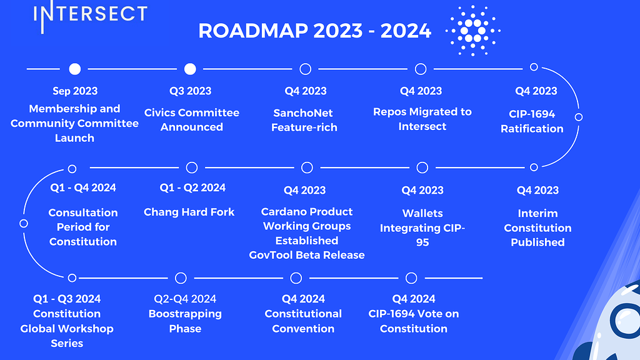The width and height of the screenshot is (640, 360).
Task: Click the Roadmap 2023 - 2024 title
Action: click(x=314, y=30)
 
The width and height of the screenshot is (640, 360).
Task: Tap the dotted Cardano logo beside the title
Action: click(x=473, y=30)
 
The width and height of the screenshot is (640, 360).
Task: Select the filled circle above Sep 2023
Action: click(x=75, y=68)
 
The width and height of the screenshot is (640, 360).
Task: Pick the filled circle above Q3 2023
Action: click(x=191, y=68)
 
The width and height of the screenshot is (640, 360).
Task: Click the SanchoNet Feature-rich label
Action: click(x=304, y=120)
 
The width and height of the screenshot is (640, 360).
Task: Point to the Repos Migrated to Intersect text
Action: click(x=422, y=119)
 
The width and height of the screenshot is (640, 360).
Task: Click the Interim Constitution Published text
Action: click(x=537, y=227)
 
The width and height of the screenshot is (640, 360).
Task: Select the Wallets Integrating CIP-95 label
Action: click(x=422, y=227)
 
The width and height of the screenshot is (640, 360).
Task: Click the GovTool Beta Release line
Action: click(x=307, y=255)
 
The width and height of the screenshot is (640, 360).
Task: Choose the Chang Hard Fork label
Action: click(x=189, y=212)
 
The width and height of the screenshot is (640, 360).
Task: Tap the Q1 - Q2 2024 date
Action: click(x=192, y=187)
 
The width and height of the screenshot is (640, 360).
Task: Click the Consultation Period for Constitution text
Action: click(x=83, y=227)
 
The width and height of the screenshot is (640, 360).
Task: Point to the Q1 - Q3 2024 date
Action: click(x=67, y=299)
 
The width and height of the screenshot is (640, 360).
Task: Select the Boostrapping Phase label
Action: click(x=185, y=321)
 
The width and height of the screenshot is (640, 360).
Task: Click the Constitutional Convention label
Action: click(x=303, y=321)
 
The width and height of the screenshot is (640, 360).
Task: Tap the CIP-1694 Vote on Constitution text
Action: click(x=414, y=321)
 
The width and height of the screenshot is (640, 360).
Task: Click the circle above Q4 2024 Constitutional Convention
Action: click(x=296, y=277)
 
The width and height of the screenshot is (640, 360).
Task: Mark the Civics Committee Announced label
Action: click(x=192, y=119)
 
